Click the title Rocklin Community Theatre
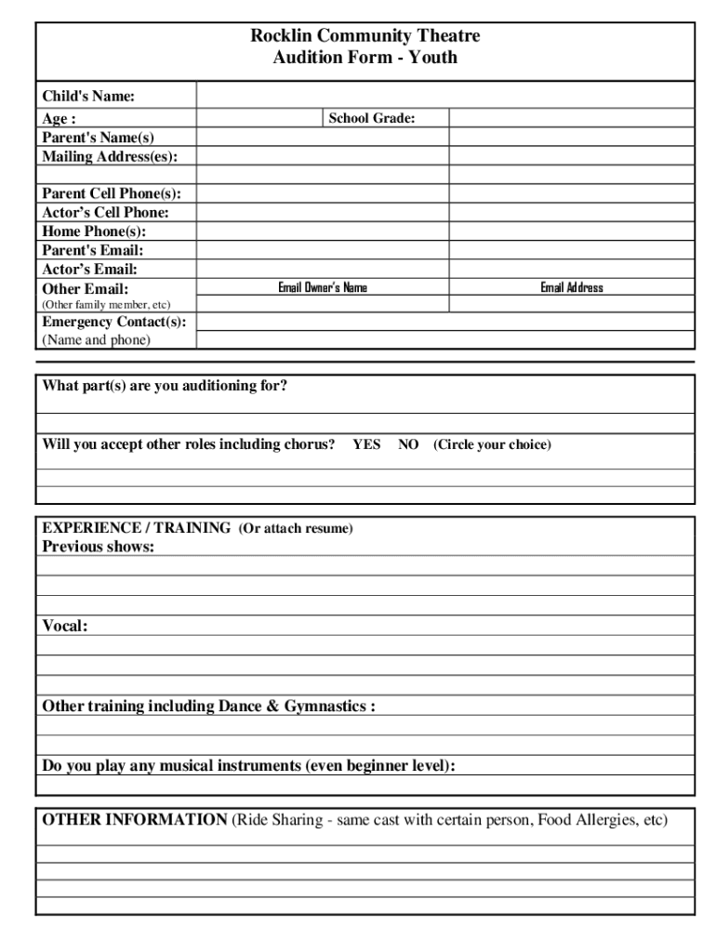[x=365, y=37]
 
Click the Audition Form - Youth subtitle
[x=365, y=59]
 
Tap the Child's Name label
[x=88, y=97]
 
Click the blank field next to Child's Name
[x=444, y=96]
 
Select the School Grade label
[x=372, y=119]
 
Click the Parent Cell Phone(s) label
[x=112, y=194]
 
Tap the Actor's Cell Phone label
[x=105, y=213]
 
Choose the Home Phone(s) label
[x=94, y=231]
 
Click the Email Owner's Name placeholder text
[x=323, y=288]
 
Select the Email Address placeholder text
[x=572, y=288]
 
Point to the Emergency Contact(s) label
[x=113, y=323]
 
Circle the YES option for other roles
[x=366, y=445]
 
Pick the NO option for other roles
[x=408, y=445]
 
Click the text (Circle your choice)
[x=492, y=445]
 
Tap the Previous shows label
[x=99, y=547]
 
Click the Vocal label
[x=65, y=627]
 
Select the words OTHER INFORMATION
[x=135, y=821]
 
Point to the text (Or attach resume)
[x=296, y=528]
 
